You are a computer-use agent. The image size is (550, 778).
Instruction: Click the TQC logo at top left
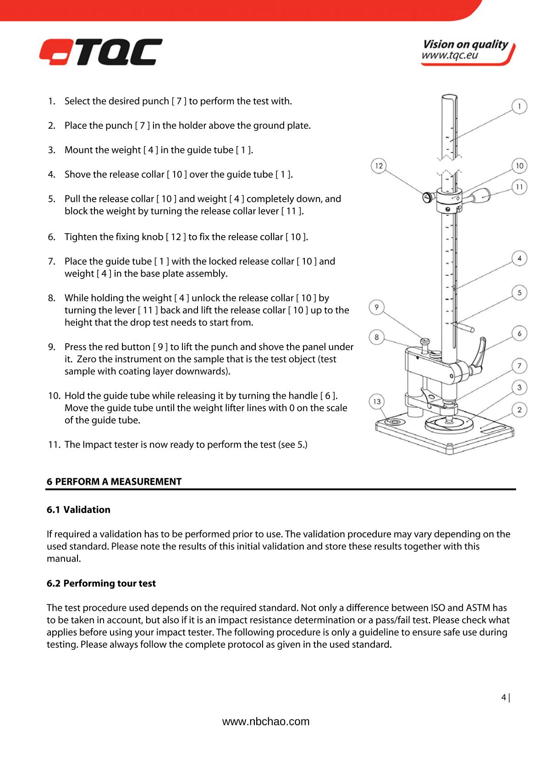(100, 51)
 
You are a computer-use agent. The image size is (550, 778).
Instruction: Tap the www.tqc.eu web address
(450, 56)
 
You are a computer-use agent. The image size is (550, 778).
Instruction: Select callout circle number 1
(519, 106)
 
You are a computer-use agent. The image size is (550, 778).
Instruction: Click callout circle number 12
(379, 166)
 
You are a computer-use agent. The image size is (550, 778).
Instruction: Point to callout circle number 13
(377, 402)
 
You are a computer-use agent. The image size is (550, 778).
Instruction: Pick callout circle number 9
(377, 307)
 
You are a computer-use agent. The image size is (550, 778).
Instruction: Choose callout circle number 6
(519, 333)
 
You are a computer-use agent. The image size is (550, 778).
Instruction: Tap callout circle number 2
(519, 409)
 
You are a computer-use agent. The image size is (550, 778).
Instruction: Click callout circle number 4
(519, 258)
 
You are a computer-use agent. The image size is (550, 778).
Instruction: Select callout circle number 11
(519, 187)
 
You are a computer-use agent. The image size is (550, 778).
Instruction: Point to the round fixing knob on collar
(427, 197)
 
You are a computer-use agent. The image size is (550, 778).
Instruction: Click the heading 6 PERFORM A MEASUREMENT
(115, 482)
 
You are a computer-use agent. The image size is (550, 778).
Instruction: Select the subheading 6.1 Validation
(79, 510)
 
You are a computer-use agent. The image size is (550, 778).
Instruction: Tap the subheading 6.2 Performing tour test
(101, 583)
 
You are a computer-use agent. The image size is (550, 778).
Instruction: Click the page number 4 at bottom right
(504, 697)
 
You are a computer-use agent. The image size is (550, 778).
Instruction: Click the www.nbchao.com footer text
(266, 722)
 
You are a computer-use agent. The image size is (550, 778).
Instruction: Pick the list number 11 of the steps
(54, 445)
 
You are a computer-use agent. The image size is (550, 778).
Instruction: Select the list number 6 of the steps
(52, 237)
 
